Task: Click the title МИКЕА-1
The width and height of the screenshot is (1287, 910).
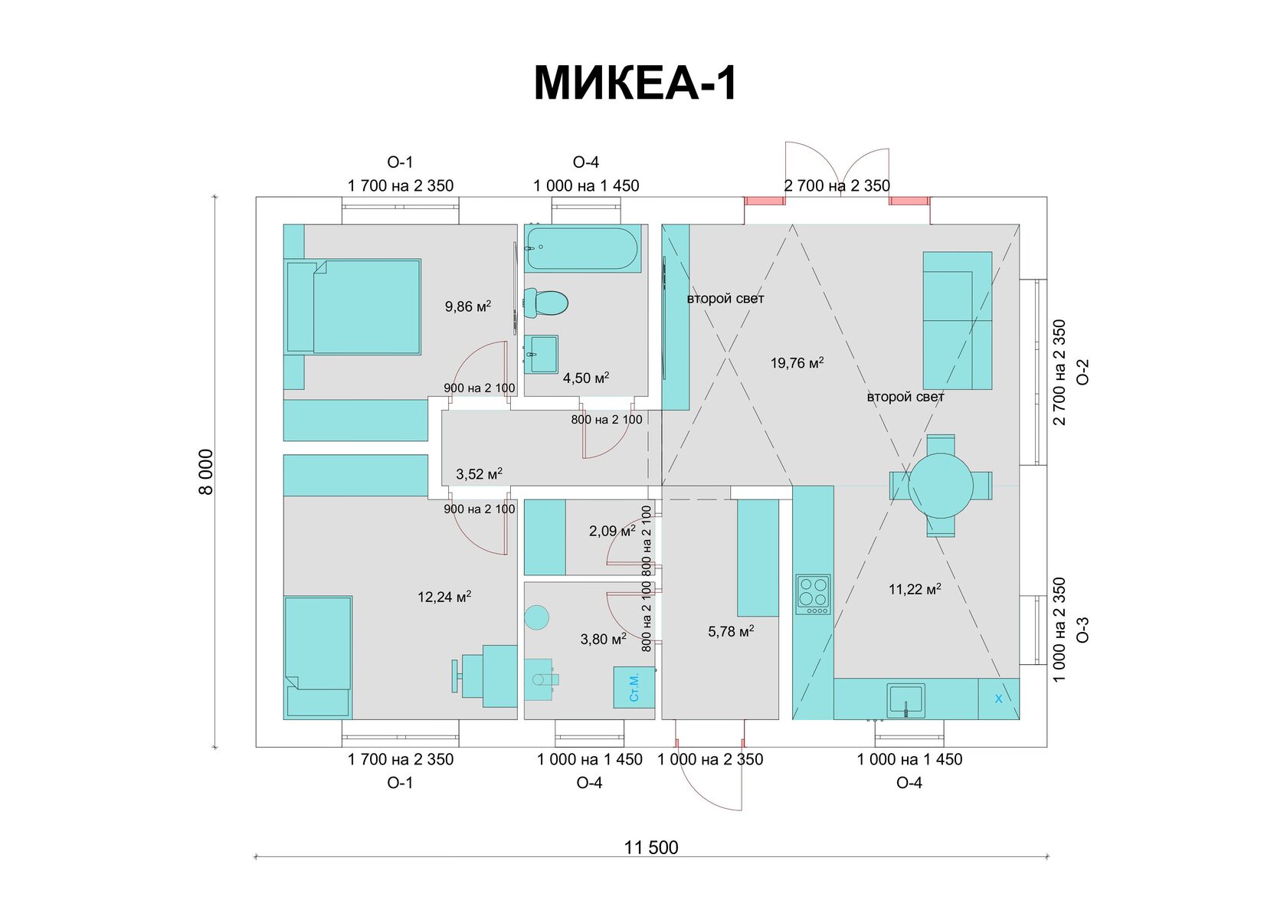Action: (x=634, y=83)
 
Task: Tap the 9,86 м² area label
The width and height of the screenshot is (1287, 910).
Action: (x=467, y=306)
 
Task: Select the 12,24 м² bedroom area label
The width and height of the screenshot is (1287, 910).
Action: (x=444, y=597)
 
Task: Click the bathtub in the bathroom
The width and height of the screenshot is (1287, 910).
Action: (x=582, y=248)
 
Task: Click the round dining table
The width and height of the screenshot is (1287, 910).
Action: (x=941, y=486)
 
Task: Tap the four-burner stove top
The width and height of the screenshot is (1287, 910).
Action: (x=813, y=594)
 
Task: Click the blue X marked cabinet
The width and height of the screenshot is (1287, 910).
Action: (x=998, y=699)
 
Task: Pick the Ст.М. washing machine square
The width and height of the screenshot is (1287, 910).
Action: (x=634, y=687)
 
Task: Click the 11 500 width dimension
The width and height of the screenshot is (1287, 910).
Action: (x=651, y=847)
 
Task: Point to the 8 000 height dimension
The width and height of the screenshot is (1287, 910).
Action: (x=206, y=472)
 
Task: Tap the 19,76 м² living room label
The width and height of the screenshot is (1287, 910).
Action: (x=797, y=363)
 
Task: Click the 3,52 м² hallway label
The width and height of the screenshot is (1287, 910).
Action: (x=479, y=474)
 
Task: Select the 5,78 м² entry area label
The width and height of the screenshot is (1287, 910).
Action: (x=731, y=631)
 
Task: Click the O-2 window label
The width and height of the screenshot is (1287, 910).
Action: (x=1082, y=372)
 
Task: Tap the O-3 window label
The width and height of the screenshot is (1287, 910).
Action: (x=1082, y=630)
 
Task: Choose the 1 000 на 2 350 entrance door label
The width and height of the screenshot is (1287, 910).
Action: (x=710, y=759)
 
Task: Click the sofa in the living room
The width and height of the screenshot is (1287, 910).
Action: (x=957, y=320)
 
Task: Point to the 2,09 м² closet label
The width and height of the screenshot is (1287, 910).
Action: (x=611, y=530)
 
